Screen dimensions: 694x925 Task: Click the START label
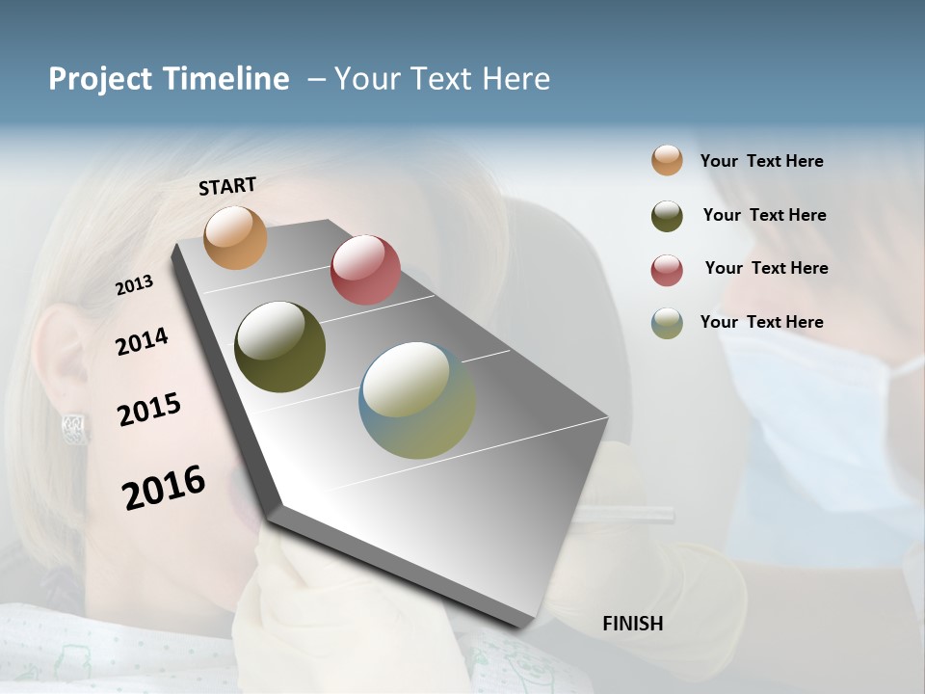(x=227, y=186)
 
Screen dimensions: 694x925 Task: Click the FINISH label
(x=632, y=624)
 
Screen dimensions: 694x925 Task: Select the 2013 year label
(x=134, y=285)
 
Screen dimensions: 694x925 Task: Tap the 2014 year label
(x=142, y=341)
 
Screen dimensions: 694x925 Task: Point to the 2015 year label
(x=149, y=410)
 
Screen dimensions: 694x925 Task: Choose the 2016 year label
(x=164, y=487)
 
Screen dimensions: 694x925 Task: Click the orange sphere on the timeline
(x=235, y=237)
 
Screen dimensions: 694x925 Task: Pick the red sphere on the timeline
(x=365, y=270)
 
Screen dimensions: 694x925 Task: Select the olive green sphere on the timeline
(x=279, y=347)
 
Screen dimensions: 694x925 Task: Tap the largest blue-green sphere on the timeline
(x=417, y=400)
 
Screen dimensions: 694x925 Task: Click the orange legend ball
(x=667, y=161)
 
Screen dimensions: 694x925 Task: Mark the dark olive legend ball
(x=667, y=216)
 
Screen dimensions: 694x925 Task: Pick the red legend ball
(x=667, y=270)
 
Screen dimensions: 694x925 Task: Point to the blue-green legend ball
(x=667, y=323)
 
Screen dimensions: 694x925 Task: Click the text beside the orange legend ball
(x=761, y=161)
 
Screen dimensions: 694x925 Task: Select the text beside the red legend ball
(x=766, y=268)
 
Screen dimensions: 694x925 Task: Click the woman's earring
(x=75, y=425)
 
